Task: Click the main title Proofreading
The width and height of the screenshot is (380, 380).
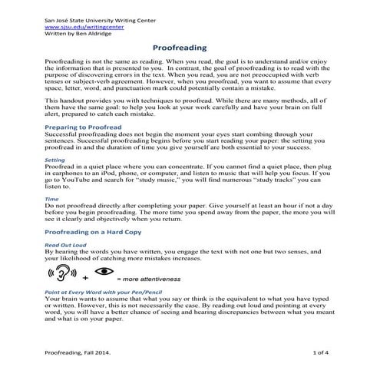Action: [189, 47]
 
